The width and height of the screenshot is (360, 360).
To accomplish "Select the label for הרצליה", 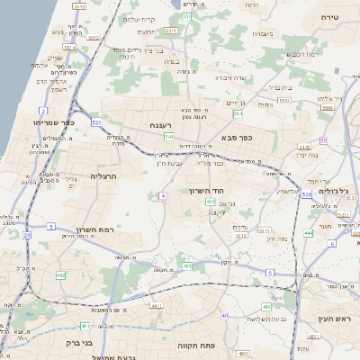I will click(x=104, y=176).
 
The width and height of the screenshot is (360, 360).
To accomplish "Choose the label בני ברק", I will click(x=80, y=342).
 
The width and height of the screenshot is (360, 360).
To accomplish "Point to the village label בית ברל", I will click(x=281, y=87).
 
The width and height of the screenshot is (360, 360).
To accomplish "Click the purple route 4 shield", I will click(x=163, y=195).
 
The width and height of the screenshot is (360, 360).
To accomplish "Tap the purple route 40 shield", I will click(x=224, y=315).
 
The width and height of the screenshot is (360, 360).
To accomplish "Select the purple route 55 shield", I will click(x=321, y=141).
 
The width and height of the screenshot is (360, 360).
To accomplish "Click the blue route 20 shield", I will click(x=27, y=236).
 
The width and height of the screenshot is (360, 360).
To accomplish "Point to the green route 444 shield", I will click(x=308, y=233).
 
